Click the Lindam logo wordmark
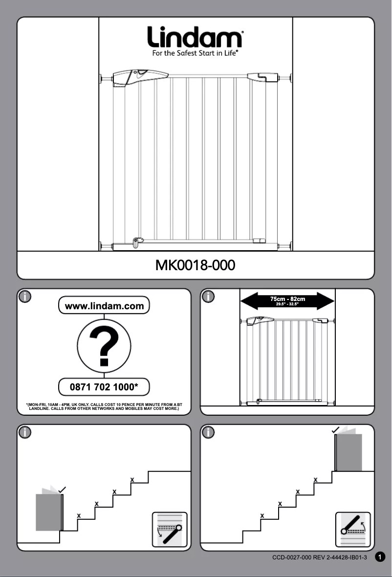pyautogui.click(x=196, y=38)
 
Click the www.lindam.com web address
pyautogui.click(x=104, y=306)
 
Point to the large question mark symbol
pyautogui.click(x=104, y=346)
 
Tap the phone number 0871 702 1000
pyautogui.click(x=104, y=387)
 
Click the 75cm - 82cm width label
pyautogui.click(x=288, y=299)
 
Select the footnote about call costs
pyautogui.click(x=104, y=406)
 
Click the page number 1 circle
pyautogui.click(x=381, y=557)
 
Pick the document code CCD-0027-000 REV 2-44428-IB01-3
pyautogui.click(x=320, y=557)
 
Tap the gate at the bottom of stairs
pyautogui.click(x=49, y=512)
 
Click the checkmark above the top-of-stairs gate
pyautogui.click(x=336, y=430)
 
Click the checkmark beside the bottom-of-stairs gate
pyautogui.click(x=62, y=489)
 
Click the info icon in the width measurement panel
pyautogui.click(x=209, y=296)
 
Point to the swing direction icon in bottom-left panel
pyautogui.click(x=170, y=529)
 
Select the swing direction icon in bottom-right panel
pyautogui.click(x=353, y=529)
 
